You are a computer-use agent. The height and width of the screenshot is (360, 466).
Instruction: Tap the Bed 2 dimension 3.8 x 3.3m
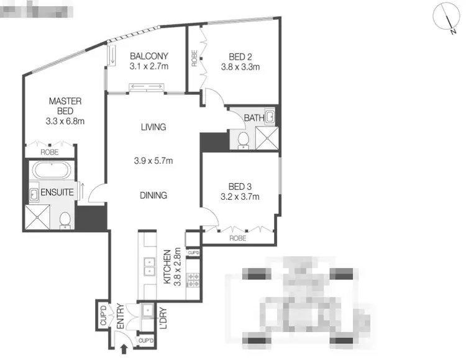[240, 66]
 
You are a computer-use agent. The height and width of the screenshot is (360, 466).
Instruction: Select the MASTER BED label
[66, 106]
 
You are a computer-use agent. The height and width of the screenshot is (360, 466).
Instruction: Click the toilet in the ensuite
[65, 220]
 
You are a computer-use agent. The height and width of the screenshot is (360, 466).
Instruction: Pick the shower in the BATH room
[267, 138]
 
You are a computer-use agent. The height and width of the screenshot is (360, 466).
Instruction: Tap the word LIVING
[153, 127]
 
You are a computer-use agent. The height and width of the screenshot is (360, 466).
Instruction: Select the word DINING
[153, 195]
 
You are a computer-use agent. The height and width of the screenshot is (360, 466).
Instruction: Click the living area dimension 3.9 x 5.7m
[153, 161]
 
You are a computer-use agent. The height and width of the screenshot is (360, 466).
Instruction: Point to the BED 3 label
[239, 187]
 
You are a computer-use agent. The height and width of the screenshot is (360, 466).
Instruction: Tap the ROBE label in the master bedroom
[50, 152]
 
